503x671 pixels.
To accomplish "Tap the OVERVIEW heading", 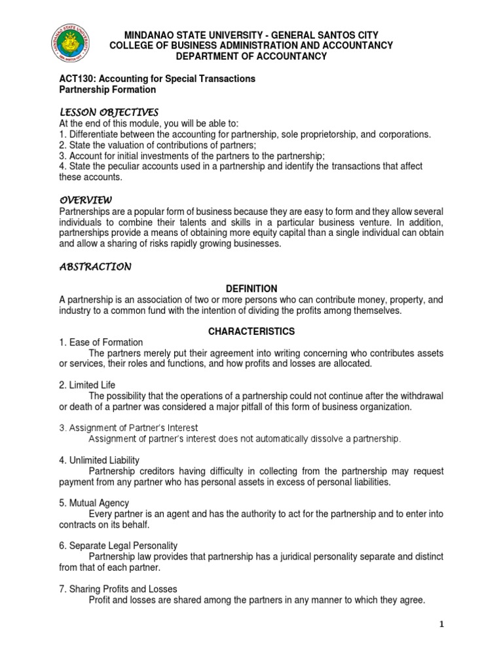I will click(86, 200).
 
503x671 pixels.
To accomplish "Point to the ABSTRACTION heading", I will click(95, 267).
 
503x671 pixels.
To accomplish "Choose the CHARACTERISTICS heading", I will click(251, 331).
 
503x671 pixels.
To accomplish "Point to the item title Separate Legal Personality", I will click(122, 545).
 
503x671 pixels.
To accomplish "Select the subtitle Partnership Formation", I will click(107, 89).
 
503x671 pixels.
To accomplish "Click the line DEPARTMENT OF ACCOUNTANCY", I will click(251, 56).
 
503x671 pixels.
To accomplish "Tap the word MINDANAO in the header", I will click(149, 35).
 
